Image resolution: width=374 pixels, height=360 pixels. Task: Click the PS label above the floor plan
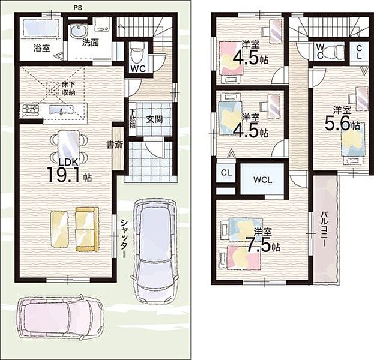coord(78,8)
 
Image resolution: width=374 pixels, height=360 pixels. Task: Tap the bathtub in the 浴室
coord(41,28)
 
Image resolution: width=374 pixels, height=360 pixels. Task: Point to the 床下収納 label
coord(68,88)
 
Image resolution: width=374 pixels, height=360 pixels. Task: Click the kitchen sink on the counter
coord(61,110)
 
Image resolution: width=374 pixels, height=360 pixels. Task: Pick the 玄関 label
coord(154,119)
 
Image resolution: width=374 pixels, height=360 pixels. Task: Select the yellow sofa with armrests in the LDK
coord(87,229)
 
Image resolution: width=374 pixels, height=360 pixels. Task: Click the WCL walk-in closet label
coord(262,180)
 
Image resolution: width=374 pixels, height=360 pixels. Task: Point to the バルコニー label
coord(324,229)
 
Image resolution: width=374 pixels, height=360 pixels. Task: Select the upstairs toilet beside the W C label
coord(334,50)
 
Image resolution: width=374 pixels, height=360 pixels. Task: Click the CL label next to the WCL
coord(226,173)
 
